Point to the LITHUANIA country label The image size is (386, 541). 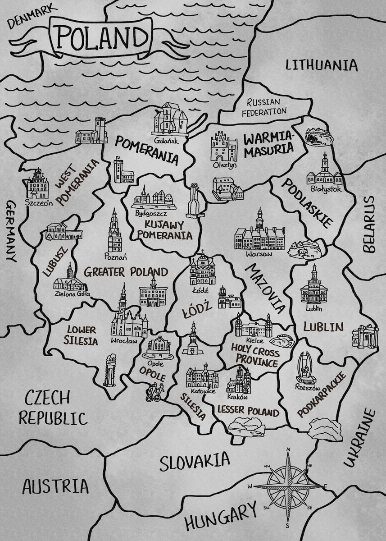(x=322, y=65)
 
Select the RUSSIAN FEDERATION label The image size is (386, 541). (x=263, y=107)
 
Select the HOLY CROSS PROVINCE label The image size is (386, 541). (x=255, y=355)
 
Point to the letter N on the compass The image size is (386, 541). (x=288, y=449)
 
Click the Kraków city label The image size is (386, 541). (x=238, y=398)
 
